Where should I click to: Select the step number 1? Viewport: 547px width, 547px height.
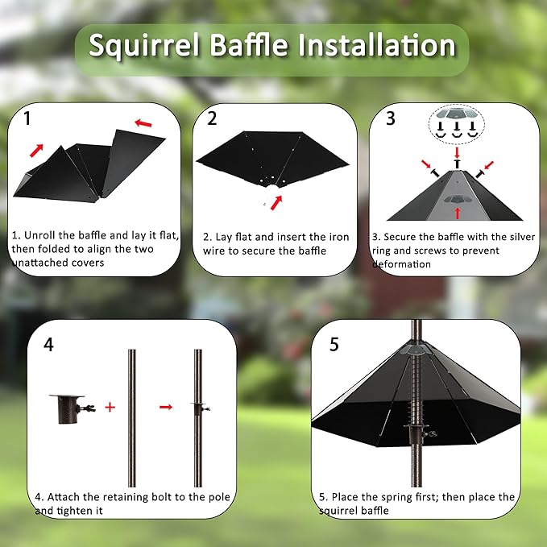tap(27, 119)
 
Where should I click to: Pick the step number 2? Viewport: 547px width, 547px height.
tap(212, 119)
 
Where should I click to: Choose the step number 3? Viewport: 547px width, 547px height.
tap(391, 119)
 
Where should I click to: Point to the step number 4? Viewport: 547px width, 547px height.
tap(49, 345)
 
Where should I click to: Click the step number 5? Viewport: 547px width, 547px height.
tap(334, 345)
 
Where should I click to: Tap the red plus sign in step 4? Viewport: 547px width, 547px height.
tap(110, 407)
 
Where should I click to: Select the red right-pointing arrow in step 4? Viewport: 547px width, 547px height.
tap(165, 407)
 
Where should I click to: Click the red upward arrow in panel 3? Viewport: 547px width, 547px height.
tap(458, 212)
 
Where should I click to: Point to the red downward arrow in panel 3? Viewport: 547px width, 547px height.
tap(458, 151)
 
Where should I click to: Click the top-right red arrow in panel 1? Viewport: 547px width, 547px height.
tap(143, 123)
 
